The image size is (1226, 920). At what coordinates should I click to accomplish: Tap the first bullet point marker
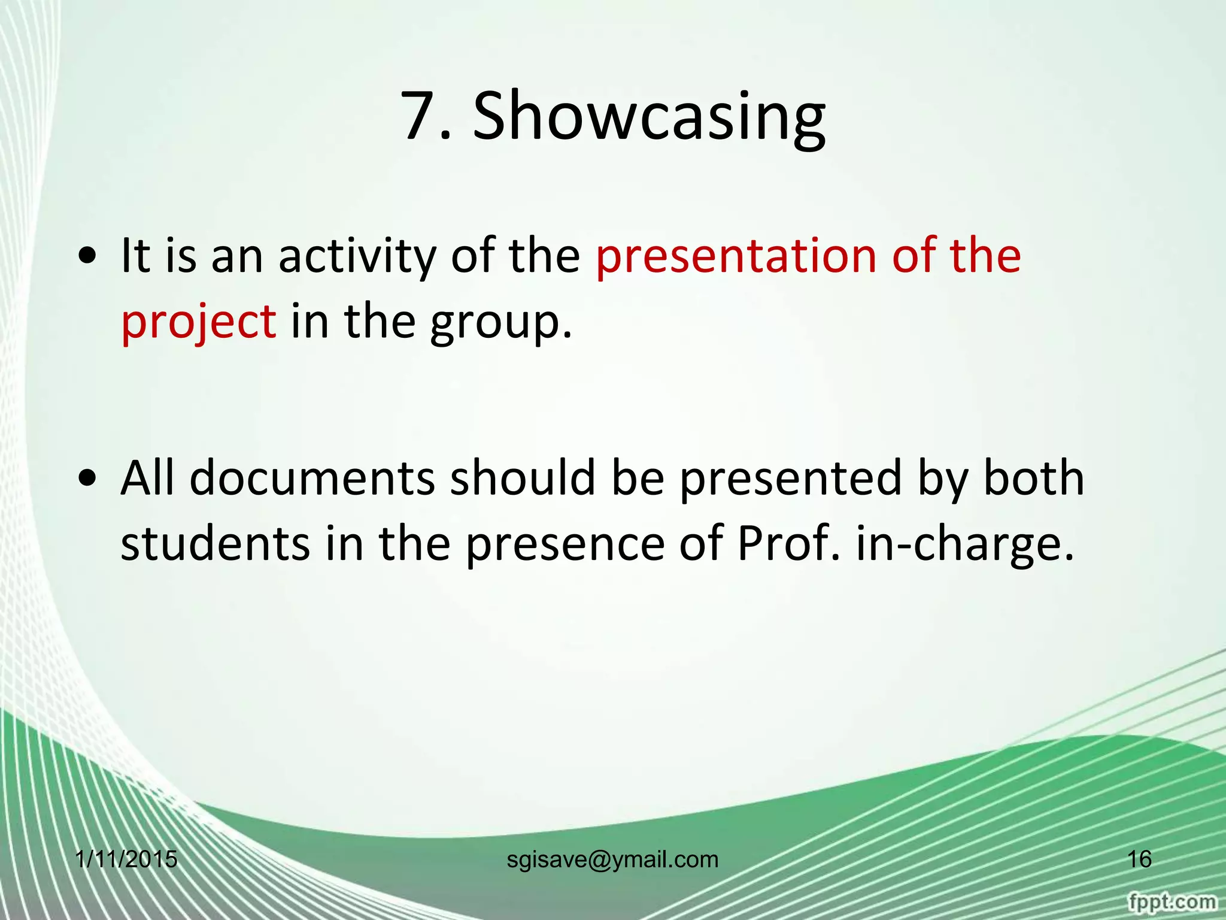89,257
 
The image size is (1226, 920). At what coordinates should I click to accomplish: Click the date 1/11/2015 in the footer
126,860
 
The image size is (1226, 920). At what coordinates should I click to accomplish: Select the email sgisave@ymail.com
612,860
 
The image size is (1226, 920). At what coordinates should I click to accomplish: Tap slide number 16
1139,860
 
